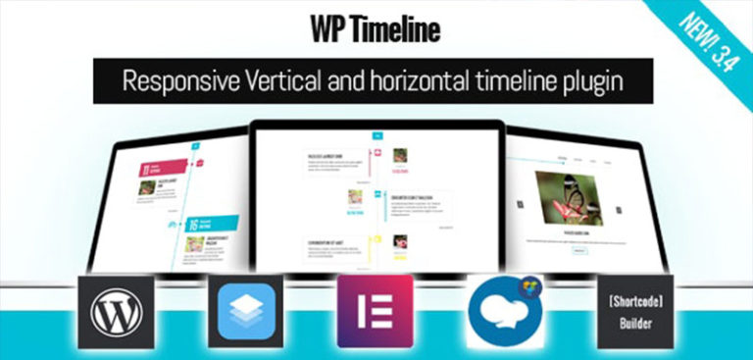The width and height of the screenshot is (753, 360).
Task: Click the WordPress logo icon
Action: coord(117,313)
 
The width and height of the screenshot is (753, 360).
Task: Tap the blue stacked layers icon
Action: coord(245,313)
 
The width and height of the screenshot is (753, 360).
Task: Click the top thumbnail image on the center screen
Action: coord(400,155)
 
